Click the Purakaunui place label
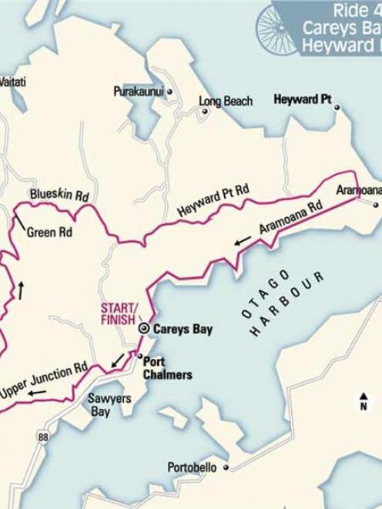(138, 91)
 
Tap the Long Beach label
(226, 101)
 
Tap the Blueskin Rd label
(59, 196)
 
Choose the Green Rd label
(49, 231)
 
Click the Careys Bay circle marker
(143, 328)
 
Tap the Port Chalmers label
(167, 367)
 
